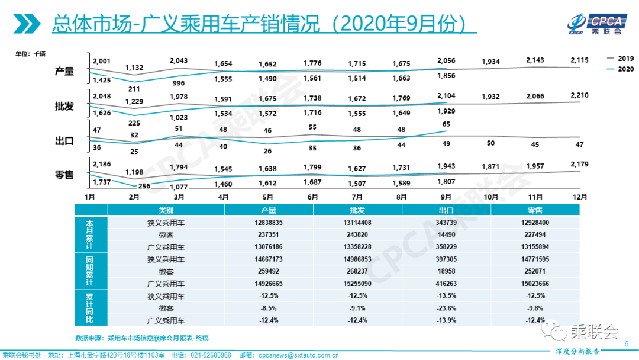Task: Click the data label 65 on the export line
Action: [446, 124]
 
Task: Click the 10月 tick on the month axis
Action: [490, 196]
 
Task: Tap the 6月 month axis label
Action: [313, 196]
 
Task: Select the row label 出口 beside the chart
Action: [64, 141]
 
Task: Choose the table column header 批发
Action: [357, 210]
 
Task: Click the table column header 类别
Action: [166, 210]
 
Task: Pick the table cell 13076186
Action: [269, 246]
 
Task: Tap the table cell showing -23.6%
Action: [446, 308]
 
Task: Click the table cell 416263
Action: [446, 284]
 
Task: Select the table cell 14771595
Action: [535, 259]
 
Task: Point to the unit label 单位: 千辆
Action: [31, 54]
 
